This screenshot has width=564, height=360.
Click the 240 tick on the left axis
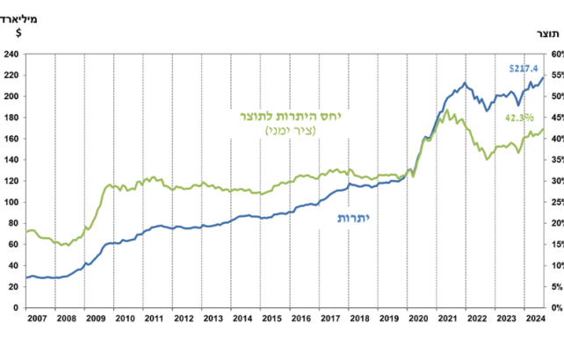(11, 54)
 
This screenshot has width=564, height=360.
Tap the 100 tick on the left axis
(11, 202)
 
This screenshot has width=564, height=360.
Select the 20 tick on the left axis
(13, 287)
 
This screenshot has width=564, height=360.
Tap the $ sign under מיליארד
(19, 33)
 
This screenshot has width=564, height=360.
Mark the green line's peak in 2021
(448, 110)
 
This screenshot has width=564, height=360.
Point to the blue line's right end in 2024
(544, 76)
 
